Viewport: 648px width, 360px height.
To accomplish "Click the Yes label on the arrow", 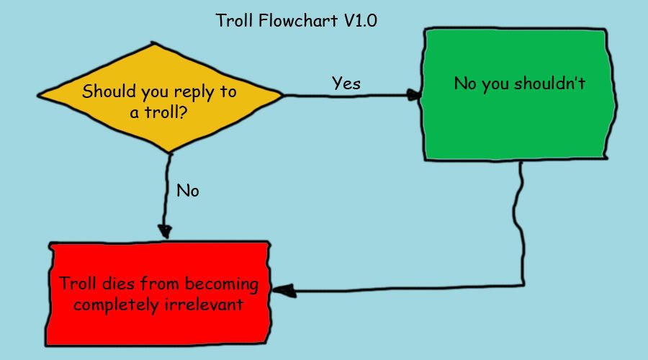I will point(346,83).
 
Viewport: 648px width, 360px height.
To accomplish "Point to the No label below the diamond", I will point(187,191).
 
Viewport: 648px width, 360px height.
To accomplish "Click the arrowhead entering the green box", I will point(415,94).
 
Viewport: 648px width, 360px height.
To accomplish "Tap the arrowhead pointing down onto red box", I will point(166,232).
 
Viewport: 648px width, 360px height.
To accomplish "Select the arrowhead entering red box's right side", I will point(282,291).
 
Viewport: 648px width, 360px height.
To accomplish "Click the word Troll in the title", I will point(234,20).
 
